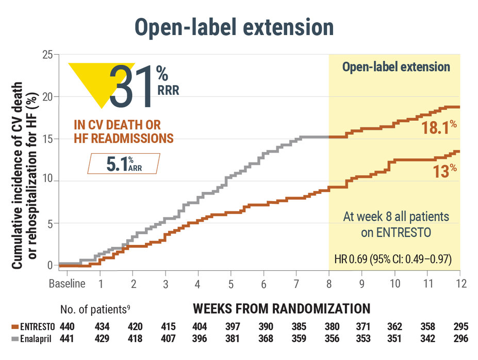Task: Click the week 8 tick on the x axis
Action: click(x=329, y=284)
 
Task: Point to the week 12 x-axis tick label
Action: click(x=460, y=284)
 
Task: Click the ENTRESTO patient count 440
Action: click(x=67, y=326)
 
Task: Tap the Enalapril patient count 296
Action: click(x=460, y=338)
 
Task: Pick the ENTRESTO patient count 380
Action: click(x=329, y=326)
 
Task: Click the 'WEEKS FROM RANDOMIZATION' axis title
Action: click(x=281, y=308)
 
